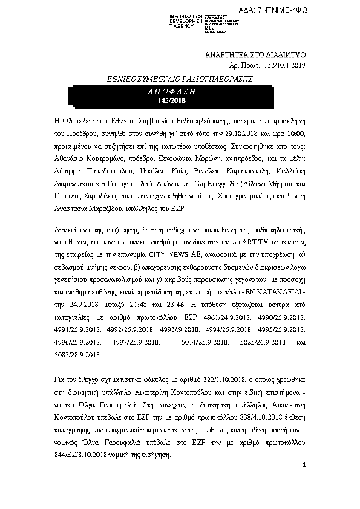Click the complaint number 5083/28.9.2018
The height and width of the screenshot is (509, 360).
pyautogui.click(x=76, y=352)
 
